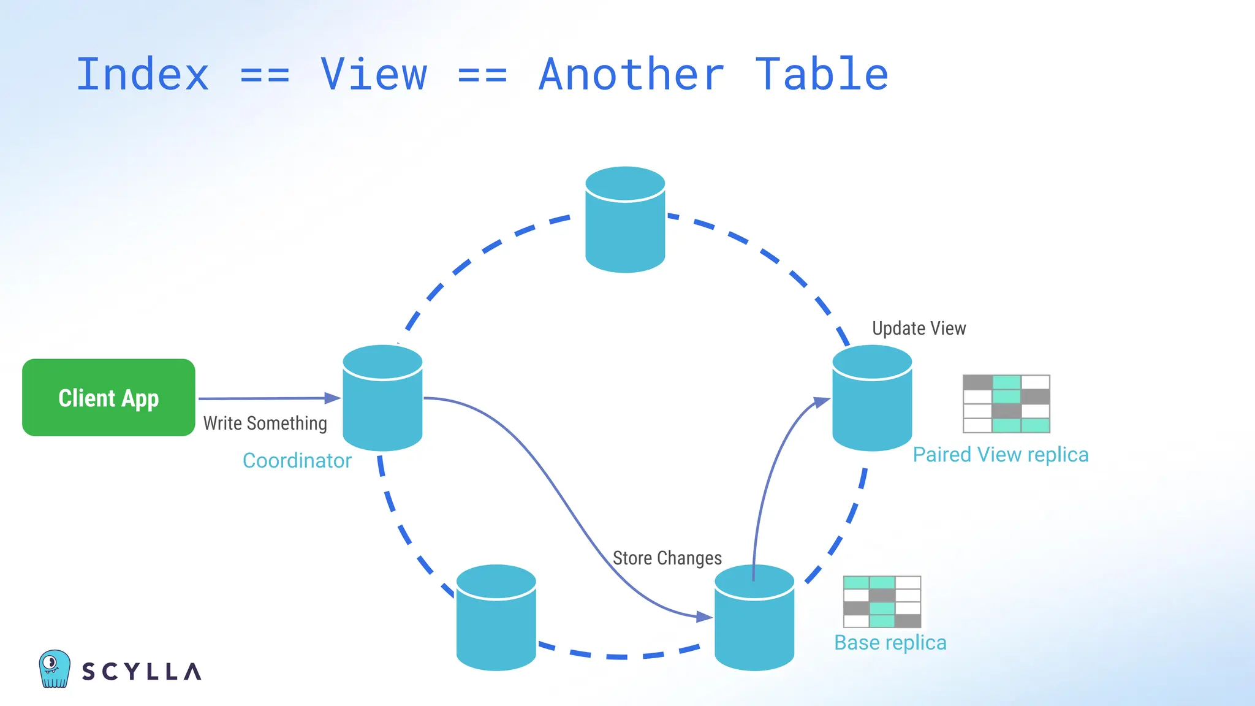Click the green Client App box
[x=108, y=397]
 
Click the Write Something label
[x=265, y=423]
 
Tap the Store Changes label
[x=667, y=558]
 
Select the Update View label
[x=919, y=328]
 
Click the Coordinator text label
[x=297, y=461]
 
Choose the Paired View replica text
[x=1000, y=455]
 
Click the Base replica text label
[x=890, y=643]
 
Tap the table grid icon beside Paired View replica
[x=1006, y=404]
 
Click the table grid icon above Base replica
[x=882, y=602]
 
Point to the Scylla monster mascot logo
[x=54, y=669]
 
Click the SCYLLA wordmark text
[x=142, y=672]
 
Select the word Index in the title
[x=142, y=75]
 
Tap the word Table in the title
[x=821, y=75]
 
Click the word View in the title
[x=374, y=75]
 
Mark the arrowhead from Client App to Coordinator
[x=333, y=398]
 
